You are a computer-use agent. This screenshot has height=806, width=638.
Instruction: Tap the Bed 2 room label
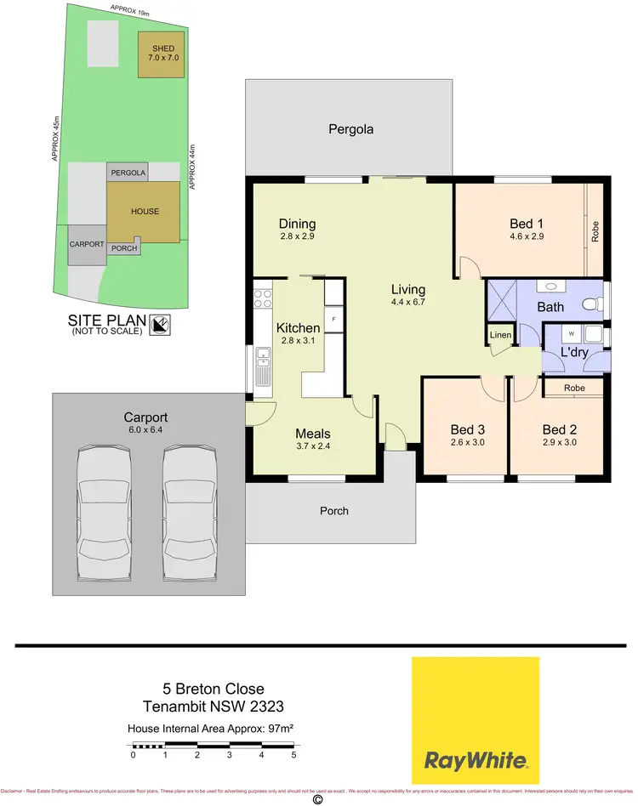[560, 429]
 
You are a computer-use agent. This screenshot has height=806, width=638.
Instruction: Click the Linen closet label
[500, 335]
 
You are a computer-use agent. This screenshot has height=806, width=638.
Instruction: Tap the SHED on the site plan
[162, 54]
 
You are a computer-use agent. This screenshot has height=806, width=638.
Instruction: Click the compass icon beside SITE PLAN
[159, 324]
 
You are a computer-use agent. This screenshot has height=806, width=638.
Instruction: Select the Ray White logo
[476, 720]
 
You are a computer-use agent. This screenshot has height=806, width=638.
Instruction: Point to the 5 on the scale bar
[293, 754]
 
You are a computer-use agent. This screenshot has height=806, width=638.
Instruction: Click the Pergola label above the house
[351, 130]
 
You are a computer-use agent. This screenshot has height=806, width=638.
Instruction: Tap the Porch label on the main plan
[333, 511]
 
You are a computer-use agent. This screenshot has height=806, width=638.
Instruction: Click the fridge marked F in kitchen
[333, 321]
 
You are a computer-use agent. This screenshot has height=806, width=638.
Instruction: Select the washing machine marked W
[571, 333]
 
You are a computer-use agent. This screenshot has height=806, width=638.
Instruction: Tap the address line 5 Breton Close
[214, 689]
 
